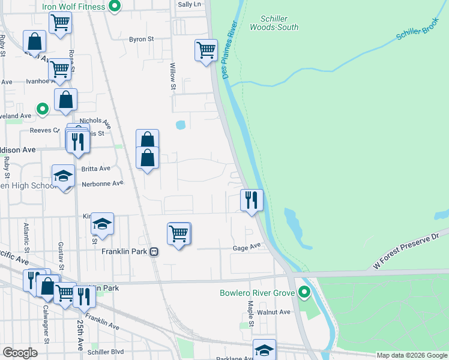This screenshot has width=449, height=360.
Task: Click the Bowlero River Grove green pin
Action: [x=304, y=293]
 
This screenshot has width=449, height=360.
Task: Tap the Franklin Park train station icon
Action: [x=154, y=252]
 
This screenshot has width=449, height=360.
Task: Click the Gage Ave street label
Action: [x=247, y=247]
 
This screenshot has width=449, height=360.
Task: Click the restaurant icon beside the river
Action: [x=252, y=199]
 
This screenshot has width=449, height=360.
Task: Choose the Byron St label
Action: [x=142, y=39]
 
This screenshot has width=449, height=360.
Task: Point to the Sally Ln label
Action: [x=189, y=4]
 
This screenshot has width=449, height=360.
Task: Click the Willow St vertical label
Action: [x=173, y=77]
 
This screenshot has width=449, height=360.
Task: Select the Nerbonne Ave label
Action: [x=102, y=183]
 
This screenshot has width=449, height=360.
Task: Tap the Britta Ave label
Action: [x=96, y=169]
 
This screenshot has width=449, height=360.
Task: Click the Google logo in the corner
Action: [x=20, y=353]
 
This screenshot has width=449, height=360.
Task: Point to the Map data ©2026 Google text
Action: [x=412, y=355]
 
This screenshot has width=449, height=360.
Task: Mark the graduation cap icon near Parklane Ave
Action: [x=264, y=349]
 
